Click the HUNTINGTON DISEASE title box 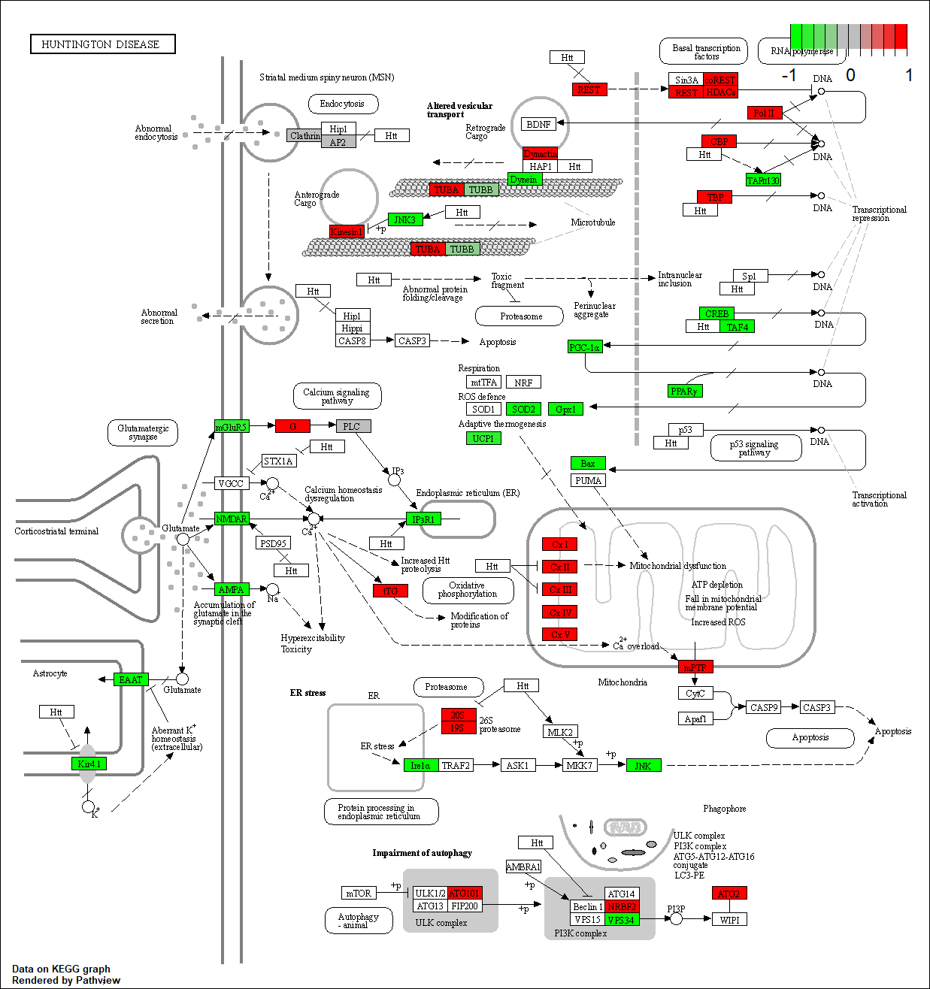click(x=102, y=44)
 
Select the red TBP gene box click(x=715, y=197)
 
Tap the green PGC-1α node click(x=585, y=347)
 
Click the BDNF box click(x=538, y=124)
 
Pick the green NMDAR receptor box click(x=231, y=519)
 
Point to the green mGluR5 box click(x=231, y=427)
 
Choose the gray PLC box click(x=353, y=426)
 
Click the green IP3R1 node click(x=423, y=519)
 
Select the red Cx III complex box click(x=560, y=590)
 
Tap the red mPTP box click(x=695, y=667)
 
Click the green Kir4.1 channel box click(x=89, y=764)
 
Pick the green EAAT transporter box click(x=131, y=679)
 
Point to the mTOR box click(x=359, y=894)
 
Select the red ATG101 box click(x=465, y=894)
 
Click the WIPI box click(x=729, y=920)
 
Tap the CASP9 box click(x=764, y=708)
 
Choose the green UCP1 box click(x=483, y=438)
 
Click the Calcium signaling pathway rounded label click(x=336, y=396)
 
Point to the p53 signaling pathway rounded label click(x=754, y=448)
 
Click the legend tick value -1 click(x=789, y=75)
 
